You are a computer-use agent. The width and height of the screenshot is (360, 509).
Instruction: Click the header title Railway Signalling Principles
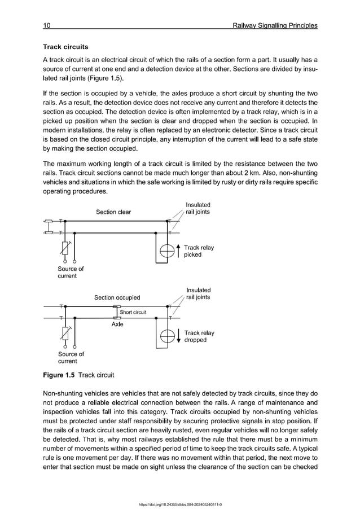270,25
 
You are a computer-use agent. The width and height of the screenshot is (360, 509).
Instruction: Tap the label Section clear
113,212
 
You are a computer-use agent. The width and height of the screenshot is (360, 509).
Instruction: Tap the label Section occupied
117,297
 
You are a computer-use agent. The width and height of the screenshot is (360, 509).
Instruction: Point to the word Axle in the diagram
117,324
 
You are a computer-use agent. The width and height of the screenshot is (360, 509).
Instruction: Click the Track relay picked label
199,251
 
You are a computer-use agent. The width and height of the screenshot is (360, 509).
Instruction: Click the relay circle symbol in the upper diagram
167,252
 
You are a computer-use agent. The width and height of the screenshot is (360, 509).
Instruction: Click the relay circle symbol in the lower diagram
167,337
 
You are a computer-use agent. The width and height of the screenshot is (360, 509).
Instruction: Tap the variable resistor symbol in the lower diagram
66,334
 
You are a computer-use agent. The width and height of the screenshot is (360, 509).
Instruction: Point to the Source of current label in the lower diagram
71,358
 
